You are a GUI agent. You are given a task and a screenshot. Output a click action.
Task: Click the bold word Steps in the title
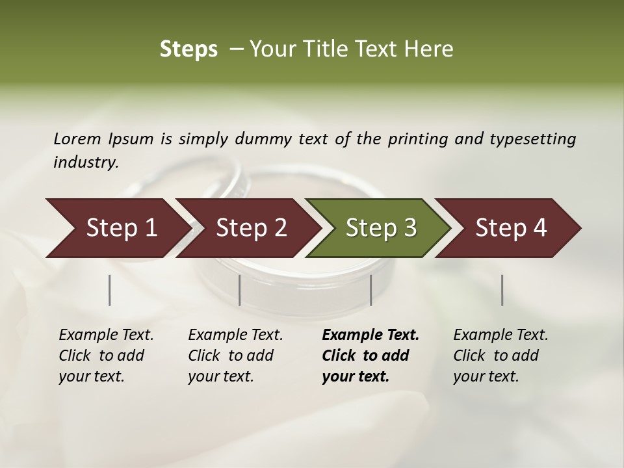[188, 49]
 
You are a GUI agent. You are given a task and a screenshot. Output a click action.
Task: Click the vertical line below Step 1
[110, 290]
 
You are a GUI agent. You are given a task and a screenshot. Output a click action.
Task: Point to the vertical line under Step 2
[240, 290]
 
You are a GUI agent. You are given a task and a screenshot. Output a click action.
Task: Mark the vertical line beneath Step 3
[371, 290]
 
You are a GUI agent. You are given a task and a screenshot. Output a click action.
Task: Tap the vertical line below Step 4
[502, 290]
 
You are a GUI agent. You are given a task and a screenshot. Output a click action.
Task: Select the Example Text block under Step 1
[106, 355]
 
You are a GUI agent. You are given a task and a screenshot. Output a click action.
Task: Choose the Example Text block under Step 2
[235, 355]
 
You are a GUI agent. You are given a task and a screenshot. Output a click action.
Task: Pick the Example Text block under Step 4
[500, 355]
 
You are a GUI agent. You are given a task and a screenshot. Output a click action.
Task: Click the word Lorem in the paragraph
[77, 138]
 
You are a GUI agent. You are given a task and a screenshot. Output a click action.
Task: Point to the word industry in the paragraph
[86, 162]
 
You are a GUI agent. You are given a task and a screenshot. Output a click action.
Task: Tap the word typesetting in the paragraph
[532, 139]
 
